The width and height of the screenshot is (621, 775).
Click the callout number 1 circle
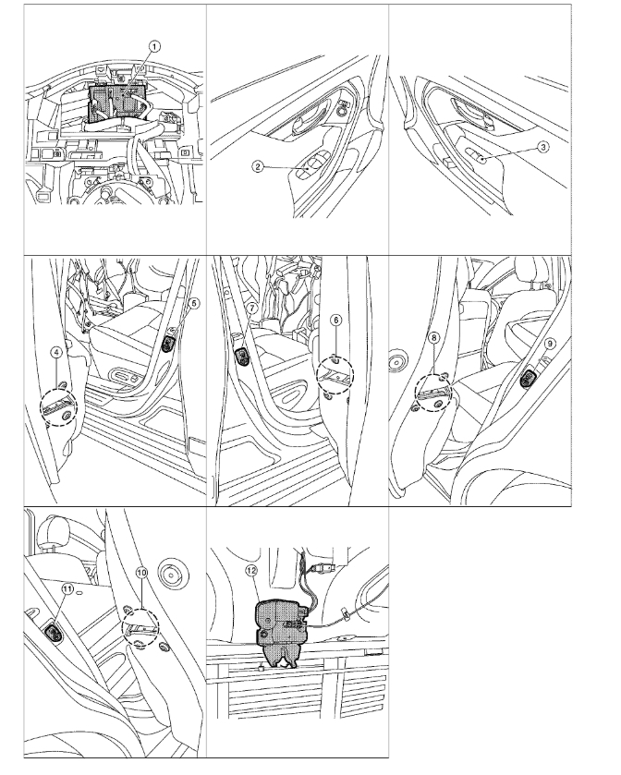click(x=154, y=47)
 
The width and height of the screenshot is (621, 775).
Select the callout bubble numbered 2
click(x=257, y=166)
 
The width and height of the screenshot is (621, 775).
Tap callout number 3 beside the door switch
click(x=542, y=147)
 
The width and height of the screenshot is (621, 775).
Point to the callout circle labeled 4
click(x=57, y=352)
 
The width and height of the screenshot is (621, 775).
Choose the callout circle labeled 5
click(x=194, y=303)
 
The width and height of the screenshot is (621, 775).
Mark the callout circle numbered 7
click(x=251, y=308)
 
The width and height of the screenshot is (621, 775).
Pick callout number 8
click(x=433, y=337)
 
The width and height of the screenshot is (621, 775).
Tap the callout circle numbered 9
click(x=549, y=344)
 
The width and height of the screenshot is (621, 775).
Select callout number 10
click(x=141, y=573)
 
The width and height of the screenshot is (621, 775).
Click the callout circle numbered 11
click(x=67, y=588)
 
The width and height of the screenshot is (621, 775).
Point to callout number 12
click(x=251, y=571)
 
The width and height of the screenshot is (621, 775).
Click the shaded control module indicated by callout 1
click(x=116, y=103)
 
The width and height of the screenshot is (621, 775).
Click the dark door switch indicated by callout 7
click(x=243, y=356)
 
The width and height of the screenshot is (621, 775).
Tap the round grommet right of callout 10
click(x=174, y=575)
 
